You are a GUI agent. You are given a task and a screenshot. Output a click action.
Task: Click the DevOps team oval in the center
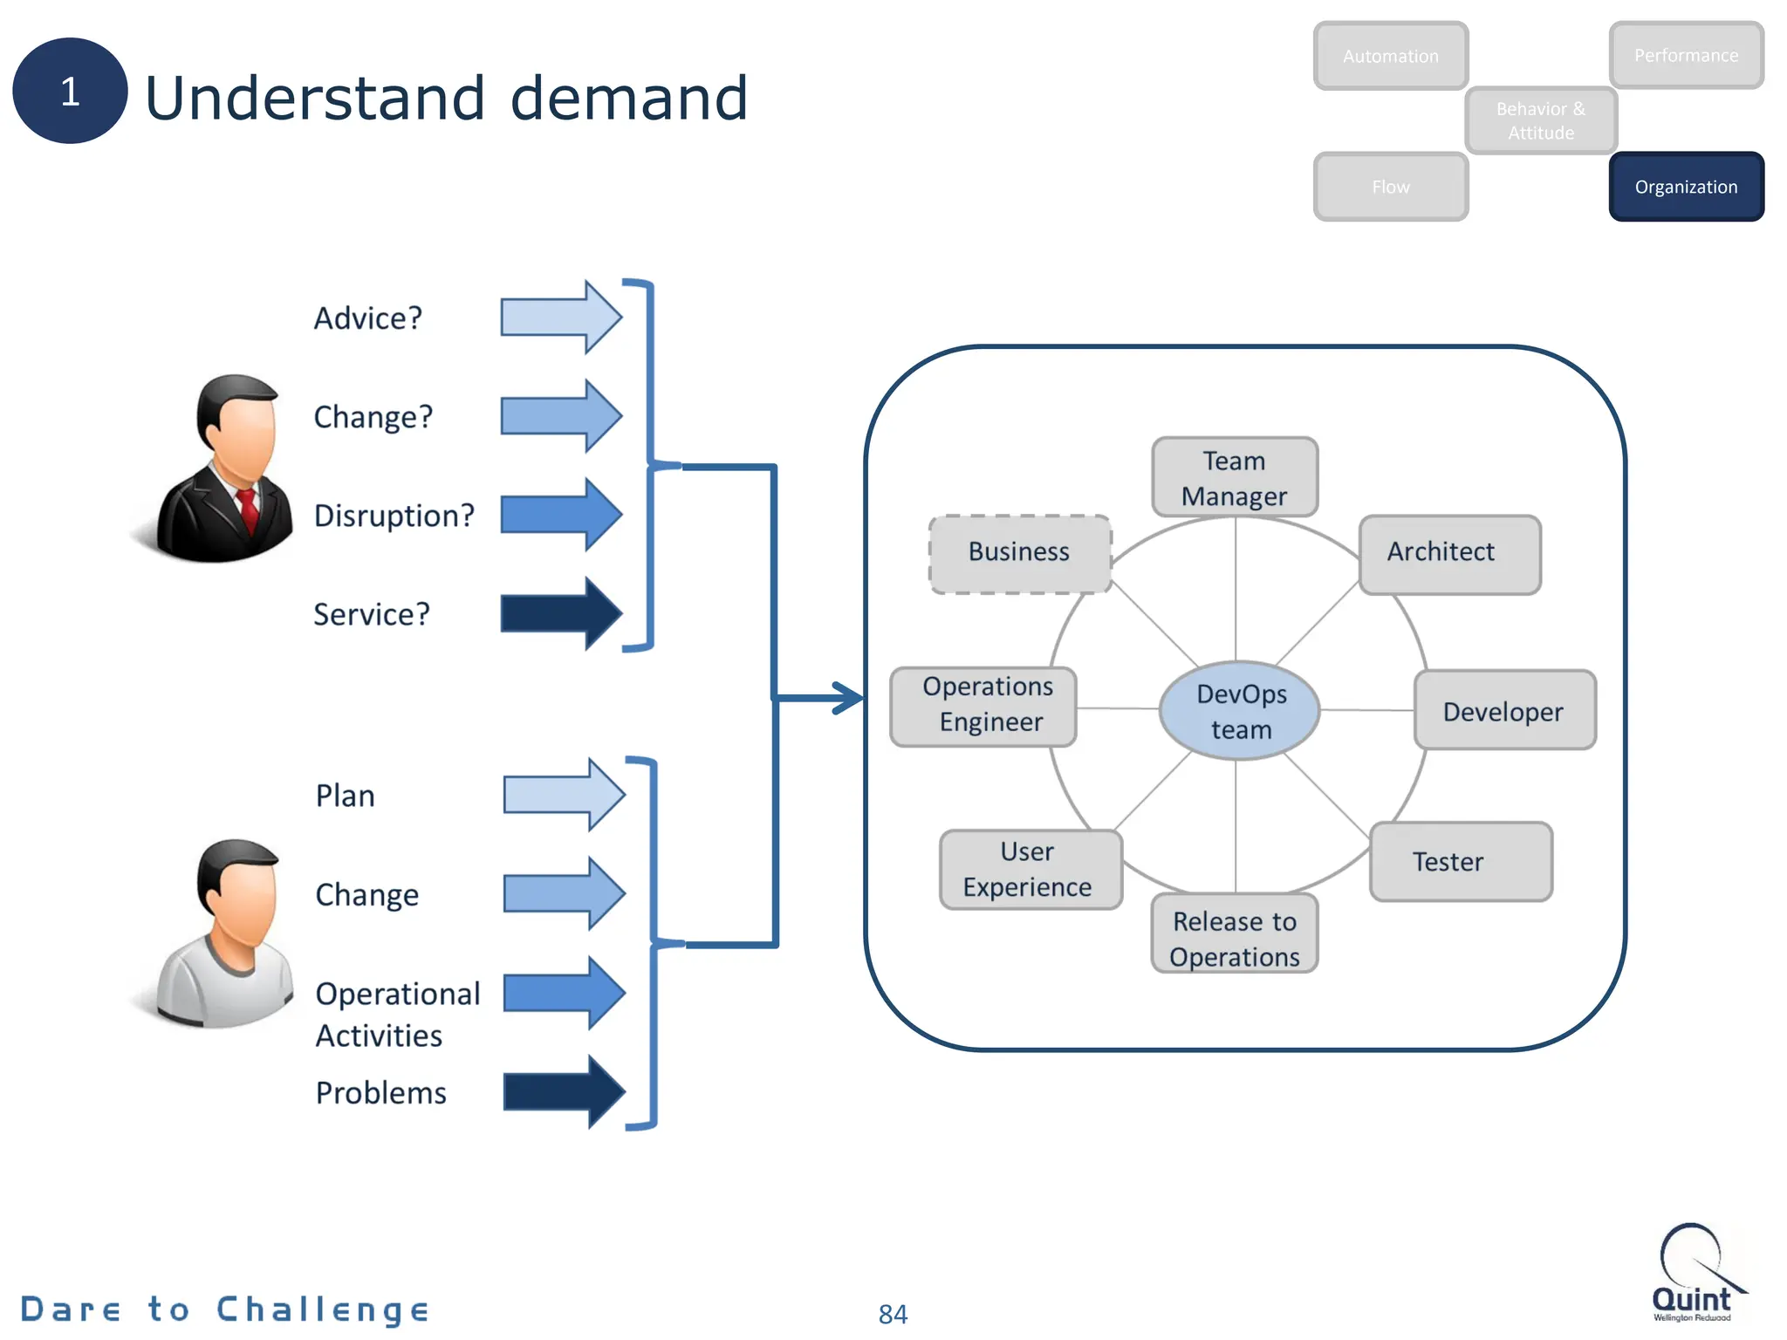[x=1239, y=710]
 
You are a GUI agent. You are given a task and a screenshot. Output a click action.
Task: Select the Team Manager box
[x=1234, y=477]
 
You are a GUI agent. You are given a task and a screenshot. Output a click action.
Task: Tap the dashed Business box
[x=1019, y=554]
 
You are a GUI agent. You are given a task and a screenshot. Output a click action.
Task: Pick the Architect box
[x=1449, y=554]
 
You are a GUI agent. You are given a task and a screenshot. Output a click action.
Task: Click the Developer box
[x=1504, y=710]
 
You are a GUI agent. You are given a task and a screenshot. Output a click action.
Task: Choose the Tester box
[x=1460, y=861]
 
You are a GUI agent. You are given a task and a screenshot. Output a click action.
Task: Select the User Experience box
[x=1030, y=869]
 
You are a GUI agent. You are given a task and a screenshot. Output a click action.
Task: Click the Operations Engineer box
[x=983, y=706]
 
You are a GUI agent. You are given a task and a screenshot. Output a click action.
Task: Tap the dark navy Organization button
[x=1686, y=187]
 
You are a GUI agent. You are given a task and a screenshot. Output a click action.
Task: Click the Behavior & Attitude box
[x=1540, y=120]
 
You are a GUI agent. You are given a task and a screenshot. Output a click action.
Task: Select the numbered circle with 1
[x=70, y=91]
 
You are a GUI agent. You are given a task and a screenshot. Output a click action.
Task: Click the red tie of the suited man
[x=249, y=509]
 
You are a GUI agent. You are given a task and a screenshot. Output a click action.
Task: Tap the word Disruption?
[x=394, y=516]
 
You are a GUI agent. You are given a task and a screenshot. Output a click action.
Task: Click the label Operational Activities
[x=397, y=1014]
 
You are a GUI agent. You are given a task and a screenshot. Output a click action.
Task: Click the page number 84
[x=893, y=1313]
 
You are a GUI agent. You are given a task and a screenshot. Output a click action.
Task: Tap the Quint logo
[x=1693, y=1274]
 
